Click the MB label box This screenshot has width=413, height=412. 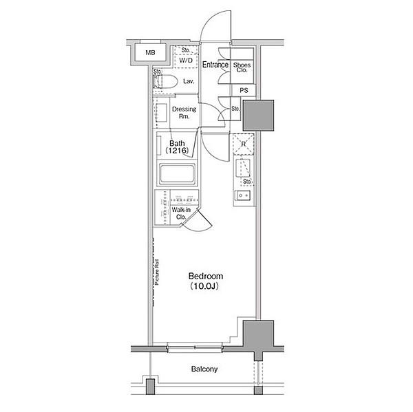150,53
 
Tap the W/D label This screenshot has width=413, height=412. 186,61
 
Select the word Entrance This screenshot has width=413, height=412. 215,65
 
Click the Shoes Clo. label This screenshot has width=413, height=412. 242,67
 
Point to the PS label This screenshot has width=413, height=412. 244,90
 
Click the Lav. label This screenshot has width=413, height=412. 189,81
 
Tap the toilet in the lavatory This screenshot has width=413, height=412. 165,82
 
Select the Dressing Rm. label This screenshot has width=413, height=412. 184,113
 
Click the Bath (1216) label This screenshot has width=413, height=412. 177,147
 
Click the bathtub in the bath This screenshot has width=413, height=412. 178,174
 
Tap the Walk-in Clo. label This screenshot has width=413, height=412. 181,213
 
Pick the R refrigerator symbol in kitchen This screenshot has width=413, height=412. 244,144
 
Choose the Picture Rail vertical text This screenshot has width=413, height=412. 157,272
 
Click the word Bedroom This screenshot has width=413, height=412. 206,277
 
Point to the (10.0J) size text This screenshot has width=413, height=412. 204,286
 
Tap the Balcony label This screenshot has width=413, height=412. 204,369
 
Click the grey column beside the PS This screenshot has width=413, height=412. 258,116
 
